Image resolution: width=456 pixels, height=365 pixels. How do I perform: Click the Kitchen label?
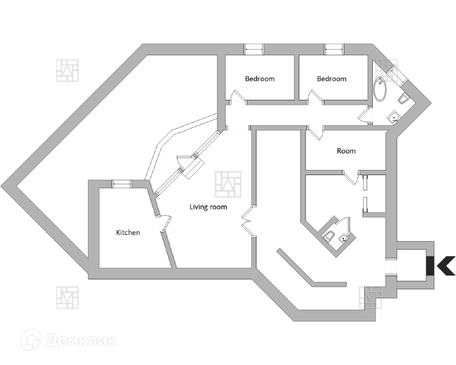tap(128, 233)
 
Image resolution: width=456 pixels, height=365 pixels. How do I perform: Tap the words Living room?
tap(208, 207)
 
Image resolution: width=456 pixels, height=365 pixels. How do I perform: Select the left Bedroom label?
tap(259, 79)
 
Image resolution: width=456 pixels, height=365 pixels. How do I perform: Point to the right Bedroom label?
tap(331, 79)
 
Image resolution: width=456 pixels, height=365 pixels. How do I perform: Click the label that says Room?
tap(346, 151)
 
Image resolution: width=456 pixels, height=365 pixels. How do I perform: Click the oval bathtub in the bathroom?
tap(379, 90)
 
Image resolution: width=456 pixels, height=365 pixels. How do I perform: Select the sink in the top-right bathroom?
tap(393, 117)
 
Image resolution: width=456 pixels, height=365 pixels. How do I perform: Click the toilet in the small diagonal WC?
tap(329, 236)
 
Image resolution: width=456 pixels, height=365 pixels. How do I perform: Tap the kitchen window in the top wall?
tap(121, 183)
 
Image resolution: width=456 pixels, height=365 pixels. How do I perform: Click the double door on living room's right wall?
tap(247, 220)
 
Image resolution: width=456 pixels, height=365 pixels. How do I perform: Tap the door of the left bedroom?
tap(239, 98)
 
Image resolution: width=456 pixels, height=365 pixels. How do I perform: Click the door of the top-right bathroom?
tap(365, 116)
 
